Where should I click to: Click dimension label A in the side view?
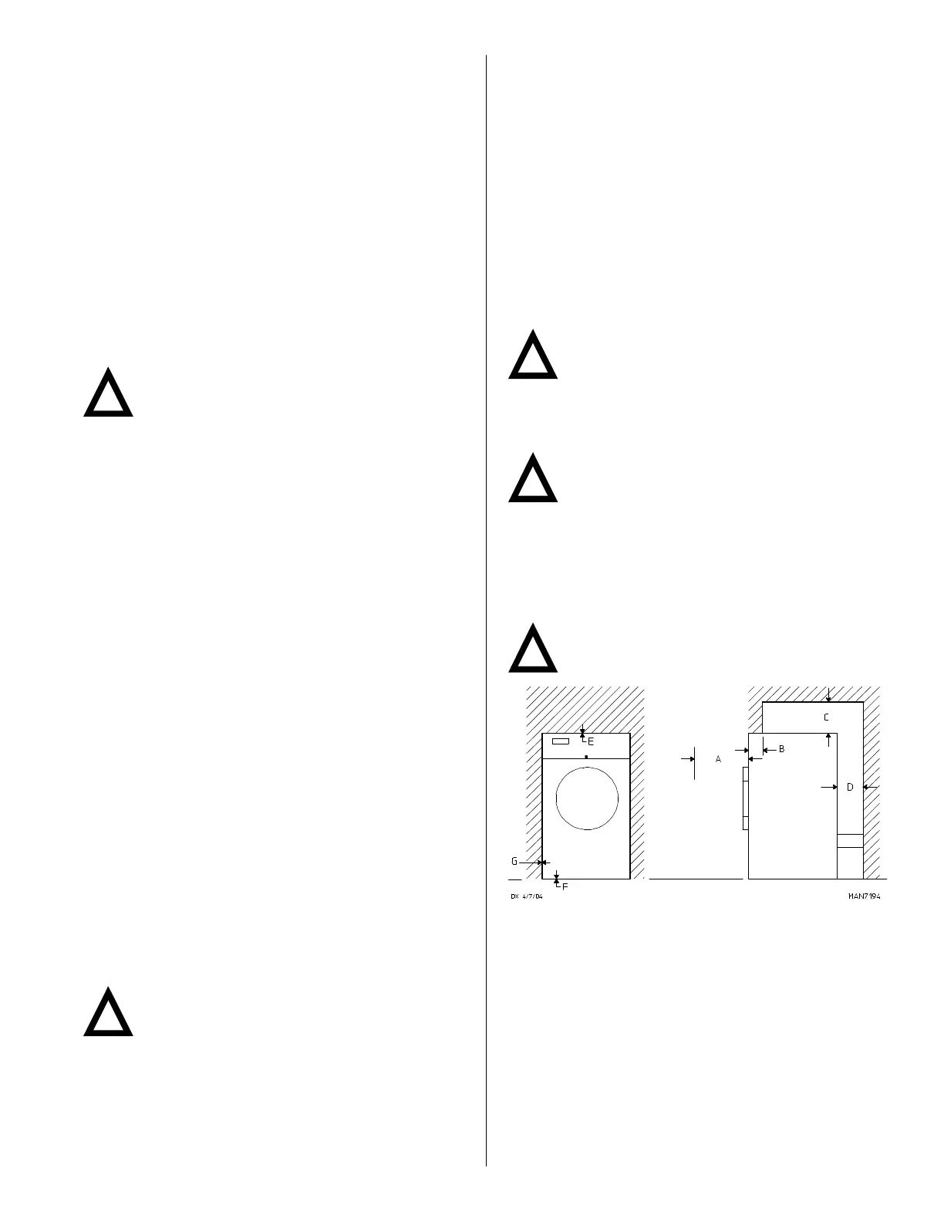coord(718,760)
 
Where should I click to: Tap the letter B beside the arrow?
coord(781,749)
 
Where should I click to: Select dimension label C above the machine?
coord(826,717)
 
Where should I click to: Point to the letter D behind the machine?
coord(850,788)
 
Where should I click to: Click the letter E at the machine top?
coord(591,741)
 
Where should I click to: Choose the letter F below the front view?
coord(565,887)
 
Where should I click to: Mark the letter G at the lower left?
coord(514,862)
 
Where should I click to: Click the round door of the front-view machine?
coord(587,798)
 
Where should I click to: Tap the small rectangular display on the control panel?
coord(561,741)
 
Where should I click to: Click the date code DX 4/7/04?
coord(527,896)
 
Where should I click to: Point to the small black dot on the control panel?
coord(587,758)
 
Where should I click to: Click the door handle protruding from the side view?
coord(745,798)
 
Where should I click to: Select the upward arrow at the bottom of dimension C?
coord(828,738)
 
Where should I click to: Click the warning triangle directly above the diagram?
coord(533,646)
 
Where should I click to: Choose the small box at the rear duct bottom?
coord(850,841)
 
